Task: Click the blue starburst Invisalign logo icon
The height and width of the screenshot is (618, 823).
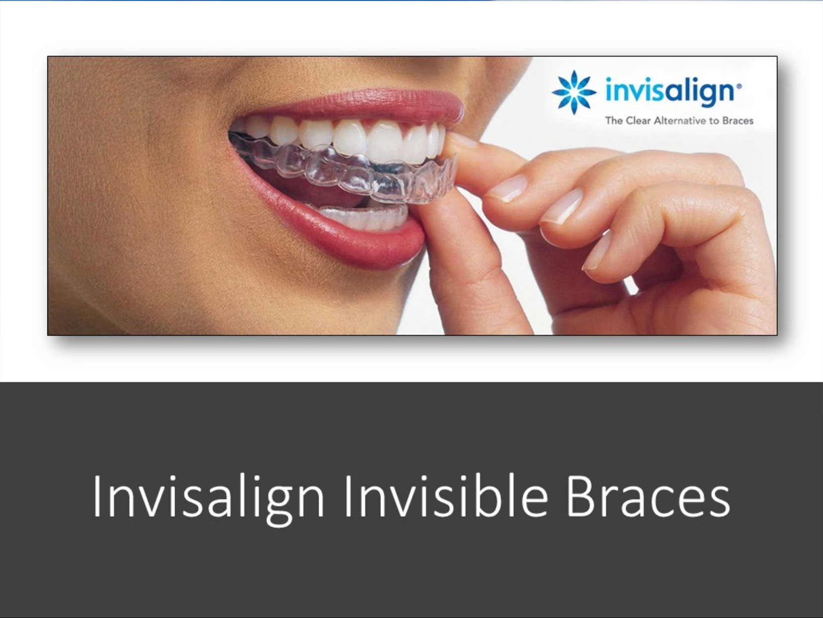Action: [573, 92]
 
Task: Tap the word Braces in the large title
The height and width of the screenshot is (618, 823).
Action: [648, 497]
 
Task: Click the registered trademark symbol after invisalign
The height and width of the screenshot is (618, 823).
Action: [739, 86]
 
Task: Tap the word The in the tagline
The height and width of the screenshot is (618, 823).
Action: [614, 121]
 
